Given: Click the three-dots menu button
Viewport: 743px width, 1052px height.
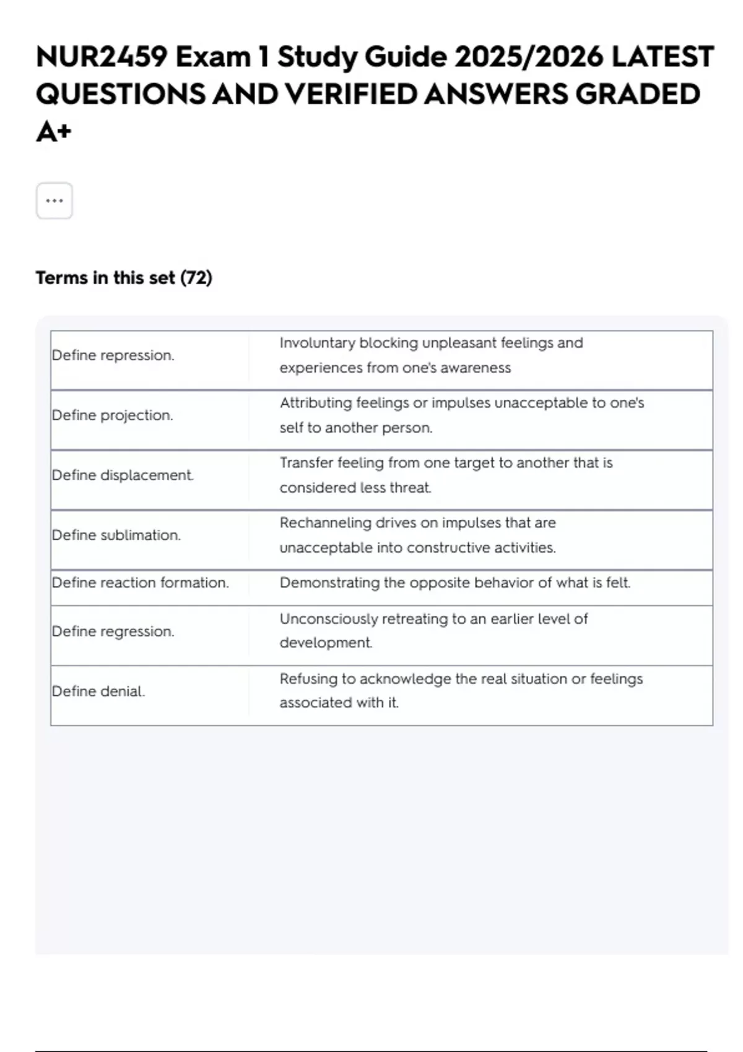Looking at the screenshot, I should pyautogui.click(x=54, y=200).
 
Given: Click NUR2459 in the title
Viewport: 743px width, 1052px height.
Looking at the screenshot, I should pyautogui.click(x=101, y=57).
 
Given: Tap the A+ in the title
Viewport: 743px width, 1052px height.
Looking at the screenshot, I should pyautogui.click(x=54, y=131).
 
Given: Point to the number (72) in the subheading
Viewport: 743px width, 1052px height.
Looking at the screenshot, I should pyautogui.click(x=196, y=278).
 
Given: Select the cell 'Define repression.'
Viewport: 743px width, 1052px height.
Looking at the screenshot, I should pyautogui.click(x=113, y=355).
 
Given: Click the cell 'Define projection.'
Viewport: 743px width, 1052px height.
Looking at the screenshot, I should pyautogui.click(x=112, y=415).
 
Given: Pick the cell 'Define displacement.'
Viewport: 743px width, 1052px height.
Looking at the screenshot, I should pyautogui.click(x=123, y=475).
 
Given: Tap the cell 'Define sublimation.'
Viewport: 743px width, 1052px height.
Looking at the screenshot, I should pyautogui.click(x=116, y=535).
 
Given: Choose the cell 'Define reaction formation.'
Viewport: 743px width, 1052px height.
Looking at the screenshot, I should pyautogui.click(x=141, y=583).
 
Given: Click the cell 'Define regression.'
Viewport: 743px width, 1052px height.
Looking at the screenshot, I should pyautogui.click(x=113, y=631).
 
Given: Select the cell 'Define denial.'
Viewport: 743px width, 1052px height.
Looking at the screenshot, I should pyautogui.click(x=98, y=691).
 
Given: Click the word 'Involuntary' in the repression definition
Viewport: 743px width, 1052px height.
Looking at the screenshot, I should pyautogui.click(x=317, y=343).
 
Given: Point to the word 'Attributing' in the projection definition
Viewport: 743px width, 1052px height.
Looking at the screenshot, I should pyautogui.click(x=315, y=403).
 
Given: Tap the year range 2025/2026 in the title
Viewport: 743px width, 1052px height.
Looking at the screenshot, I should pyautogui.click(x=529, y=57).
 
